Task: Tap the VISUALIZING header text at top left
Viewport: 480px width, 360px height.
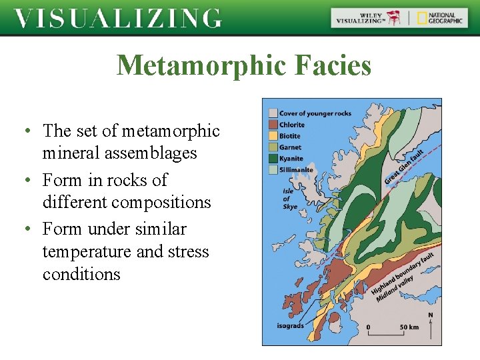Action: click(118, 18)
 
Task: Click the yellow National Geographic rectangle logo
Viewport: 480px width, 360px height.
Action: click(422, 18)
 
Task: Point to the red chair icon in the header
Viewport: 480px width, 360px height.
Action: click(395, 18)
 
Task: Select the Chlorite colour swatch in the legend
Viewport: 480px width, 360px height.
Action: click(272, 125)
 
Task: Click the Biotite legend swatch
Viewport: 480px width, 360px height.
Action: click(272, 136)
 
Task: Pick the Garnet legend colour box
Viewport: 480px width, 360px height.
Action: click(272, 147)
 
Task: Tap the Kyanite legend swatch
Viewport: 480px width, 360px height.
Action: click(272, 159)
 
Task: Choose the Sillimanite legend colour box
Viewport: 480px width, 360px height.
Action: click(272, 170)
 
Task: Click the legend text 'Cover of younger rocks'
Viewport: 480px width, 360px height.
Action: click(315, 113)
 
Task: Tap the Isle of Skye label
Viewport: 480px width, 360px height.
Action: click(289, 199)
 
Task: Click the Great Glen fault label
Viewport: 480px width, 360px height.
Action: click(404, 167)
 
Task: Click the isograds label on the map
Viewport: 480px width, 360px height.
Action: click(291, 326)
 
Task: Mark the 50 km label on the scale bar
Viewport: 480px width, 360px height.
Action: click(409, 327)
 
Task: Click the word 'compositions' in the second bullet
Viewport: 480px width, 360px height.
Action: click(169, 203)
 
